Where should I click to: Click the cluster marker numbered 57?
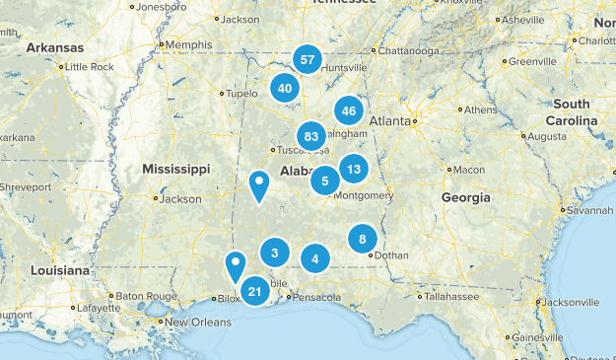pyautogui.click(x=308, y=60)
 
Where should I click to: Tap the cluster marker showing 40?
pyautogui.click(x=286, y=88)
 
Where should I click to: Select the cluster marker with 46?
pyautogui.click(x=349, y=111)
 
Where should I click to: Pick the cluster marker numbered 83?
pyautogui.click(x=311, y=136)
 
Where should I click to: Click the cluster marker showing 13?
pyautogui.click(x=354, y=169)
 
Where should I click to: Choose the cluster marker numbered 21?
pyautogui.click(x=255, y=290)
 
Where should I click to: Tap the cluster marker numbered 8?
pyautogui.click(x=363, y=239)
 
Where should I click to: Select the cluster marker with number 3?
pyautogui.click(x=275, y=253)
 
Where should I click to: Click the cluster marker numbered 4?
pyautogui.click(x=315, y=259)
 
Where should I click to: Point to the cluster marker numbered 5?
pyautogui.click(x=325, y=180)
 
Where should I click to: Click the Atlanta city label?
pyautogui.click(x=390, y=122)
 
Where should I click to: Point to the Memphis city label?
pyautogui.click(x=189, y=44)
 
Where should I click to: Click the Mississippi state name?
pyautogui.click(x=177, y=170)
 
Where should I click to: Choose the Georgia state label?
pyautogui.click(x=465, y=197)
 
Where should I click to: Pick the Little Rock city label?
pyautogui.click(x=88, y=67)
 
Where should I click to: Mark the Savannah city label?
pyautogui.click(x=588, y=210)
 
